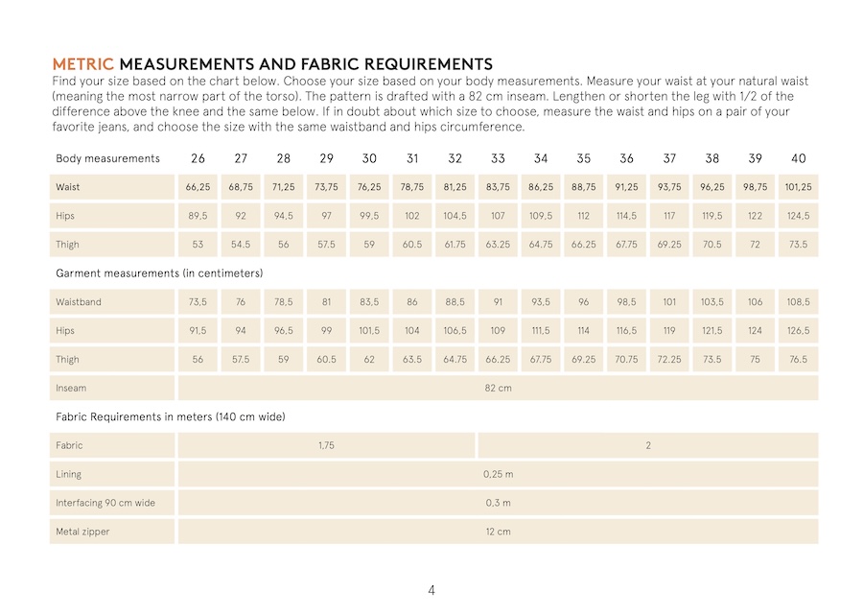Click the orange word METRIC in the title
tap(82, 63)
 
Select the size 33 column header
tap(498, 158)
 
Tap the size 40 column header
tap(798, 158)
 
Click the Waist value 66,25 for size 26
tap(198, 187)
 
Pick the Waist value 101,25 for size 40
tap(798, 187)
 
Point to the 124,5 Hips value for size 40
tap(798, 216)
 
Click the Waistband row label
tap(79, 302)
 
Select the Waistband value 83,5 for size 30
tap(369, 302)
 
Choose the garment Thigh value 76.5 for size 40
tap(798, 360)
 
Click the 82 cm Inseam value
tap(498, 389)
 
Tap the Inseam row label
tap(71, 389)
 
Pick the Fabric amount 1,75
tap(326, 445)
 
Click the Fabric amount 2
tap(648, 445)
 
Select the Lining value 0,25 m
tap(498, 474)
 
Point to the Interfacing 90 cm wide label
tap(105, 503)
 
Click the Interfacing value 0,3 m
tap(498, 503)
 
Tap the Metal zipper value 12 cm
tap(498, 532)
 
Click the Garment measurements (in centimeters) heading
tap(159, 273)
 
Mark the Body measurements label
tap(107, 158)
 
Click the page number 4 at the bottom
tap(431, 590)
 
